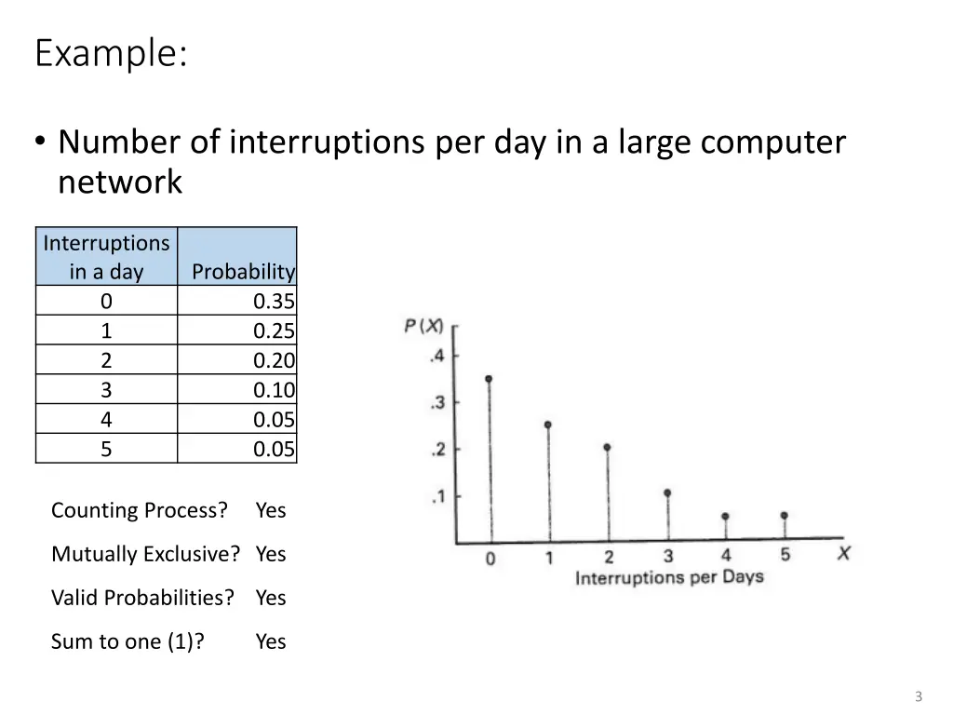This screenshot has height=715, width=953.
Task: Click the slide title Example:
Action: [x=111, y=54]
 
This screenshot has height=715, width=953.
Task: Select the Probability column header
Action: [x=243, y=272]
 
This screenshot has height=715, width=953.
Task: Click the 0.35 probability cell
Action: [x=274, y=301]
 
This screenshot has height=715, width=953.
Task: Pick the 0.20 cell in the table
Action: [x=274, y=360]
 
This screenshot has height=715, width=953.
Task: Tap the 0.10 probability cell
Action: [x=274, y=390]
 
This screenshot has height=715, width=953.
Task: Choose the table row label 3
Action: [x=106, y=390]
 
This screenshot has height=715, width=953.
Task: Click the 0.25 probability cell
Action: [x=274, y=331]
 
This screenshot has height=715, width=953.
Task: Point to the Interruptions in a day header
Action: [x=106, y=257]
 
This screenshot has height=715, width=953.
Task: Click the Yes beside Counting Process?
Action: [x=271, y=510]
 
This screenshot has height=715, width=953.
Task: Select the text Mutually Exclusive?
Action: [x=145, y=554]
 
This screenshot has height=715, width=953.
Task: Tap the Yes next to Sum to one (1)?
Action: [x=271, y=641]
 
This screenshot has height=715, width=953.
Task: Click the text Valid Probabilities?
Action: [x=142, y=598]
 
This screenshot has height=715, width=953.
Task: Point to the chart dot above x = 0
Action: [x=489, y=379]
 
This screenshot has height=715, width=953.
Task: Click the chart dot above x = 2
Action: [x=608, y=447]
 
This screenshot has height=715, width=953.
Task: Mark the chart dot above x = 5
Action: [x=785, y=515]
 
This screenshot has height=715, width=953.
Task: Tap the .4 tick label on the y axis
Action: [x=437, y=357]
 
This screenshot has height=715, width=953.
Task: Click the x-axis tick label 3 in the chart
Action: [x=667, y=557]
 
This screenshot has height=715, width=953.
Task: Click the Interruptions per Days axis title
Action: [x=668, y=578]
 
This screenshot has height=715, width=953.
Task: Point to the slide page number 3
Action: [x=919, y=696]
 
